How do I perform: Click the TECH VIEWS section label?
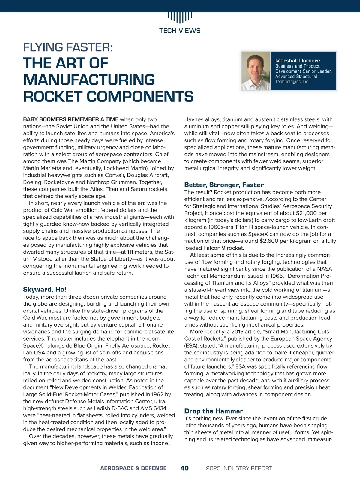180,31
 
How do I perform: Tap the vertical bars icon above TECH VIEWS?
180,17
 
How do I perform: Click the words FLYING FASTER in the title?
68,47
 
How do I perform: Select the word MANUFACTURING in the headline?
89,80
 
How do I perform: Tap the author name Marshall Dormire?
298,61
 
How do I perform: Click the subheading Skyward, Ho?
45,289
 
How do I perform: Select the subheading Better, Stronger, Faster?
224,185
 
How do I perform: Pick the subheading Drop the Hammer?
214,411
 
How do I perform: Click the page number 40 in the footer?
184,468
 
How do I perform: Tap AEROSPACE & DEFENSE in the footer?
133,468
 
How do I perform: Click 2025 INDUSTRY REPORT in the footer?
239,468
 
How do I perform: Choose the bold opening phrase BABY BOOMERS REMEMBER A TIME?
71,119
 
